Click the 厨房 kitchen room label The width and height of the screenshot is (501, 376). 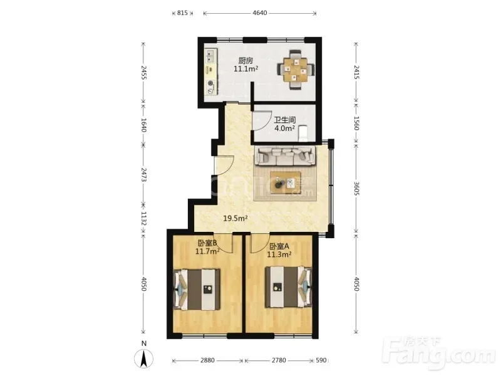245,60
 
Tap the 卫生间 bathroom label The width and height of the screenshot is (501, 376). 285,120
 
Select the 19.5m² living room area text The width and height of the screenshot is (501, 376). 235,218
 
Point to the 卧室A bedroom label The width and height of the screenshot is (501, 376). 279,246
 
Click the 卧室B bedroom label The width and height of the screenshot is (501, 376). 208,243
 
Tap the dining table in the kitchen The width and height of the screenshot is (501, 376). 296,69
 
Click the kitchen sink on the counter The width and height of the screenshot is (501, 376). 210,56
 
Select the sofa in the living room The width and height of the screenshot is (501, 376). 285,156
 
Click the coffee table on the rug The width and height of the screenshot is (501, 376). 286,183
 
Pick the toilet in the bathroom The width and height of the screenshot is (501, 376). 302,133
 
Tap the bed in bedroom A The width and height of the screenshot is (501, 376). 289,287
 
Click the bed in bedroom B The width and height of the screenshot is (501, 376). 197,290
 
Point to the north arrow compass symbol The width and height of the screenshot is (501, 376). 144,358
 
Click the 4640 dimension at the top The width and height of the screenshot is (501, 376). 260,13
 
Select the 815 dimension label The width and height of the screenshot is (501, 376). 182,13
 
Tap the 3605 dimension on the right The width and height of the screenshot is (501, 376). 356,189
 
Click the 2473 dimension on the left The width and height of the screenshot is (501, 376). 143,175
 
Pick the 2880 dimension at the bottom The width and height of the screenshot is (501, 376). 207,360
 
